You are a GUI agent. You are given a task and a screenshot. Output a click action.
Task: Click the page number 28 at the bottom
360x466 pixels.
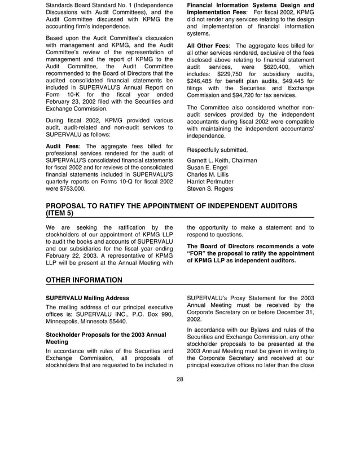180,379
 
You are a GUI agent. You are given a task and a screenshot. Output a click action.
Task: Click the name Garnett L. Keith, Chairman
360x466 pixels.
222,160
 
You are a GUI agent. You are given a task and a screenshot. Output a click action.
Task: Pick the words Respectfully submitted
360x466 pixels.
217,150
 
